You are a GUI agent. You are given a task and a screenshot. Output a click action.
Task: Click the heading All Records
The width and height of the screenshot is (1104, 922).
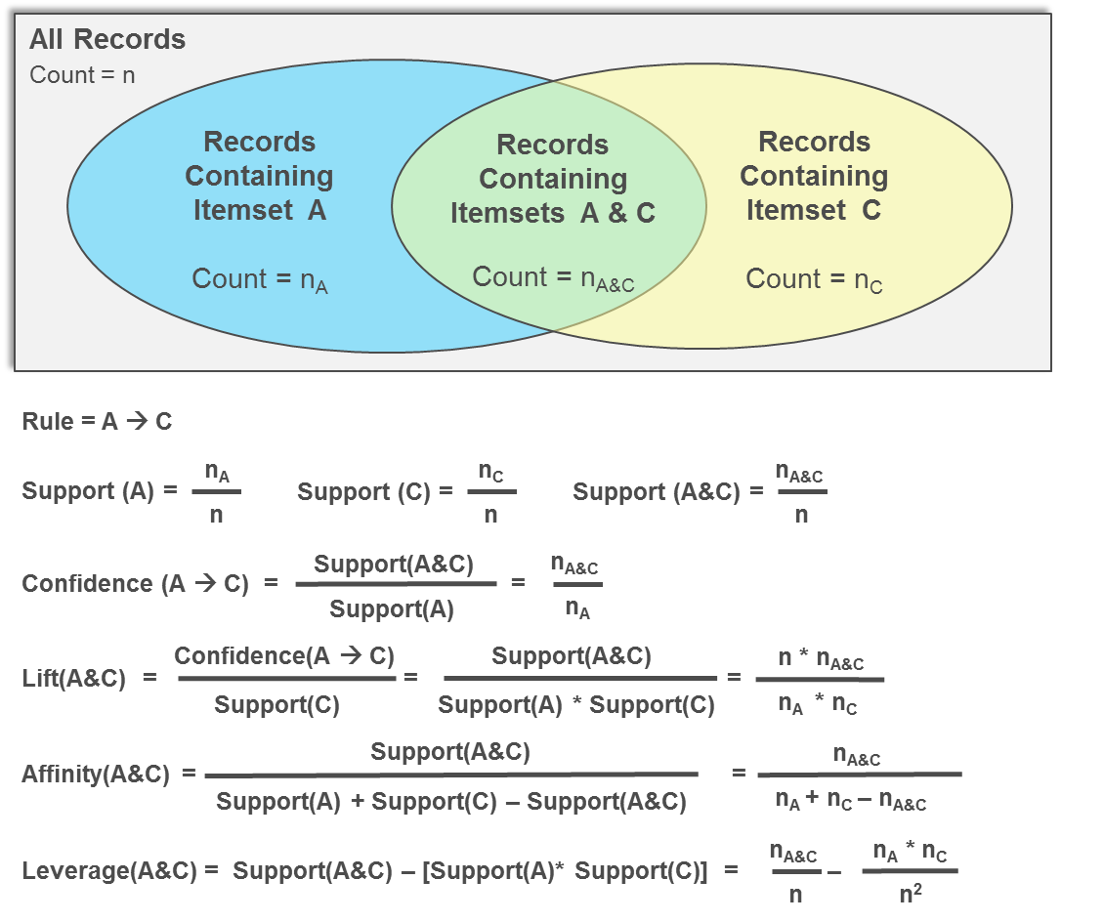[x=107, y=40]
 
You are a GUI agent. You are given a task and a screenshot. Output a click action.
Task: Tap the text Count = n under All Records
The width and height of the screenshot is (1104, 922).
[x=82, y=75]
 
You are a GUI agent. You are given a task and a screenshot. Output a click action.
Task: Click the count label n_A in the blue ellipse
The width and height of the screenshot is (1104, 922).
[x=259, y=279]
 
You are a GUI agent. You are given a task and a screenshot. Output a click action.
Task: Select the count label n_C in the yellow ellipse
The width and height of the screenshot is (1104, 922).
[x=814, y=279]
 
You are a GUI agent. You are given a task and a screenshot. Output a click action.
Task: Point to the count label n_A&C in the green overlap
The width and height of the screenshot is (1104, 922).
[x=553, y=278]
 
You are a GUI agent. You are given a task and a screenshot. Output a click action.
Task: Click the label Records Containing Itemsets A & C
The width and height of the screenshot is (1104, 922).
[x=553, y=179]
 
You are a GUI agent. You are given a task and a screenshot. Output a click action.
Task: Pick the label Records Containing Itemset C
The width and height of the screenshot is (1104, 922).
[x=814, y=176]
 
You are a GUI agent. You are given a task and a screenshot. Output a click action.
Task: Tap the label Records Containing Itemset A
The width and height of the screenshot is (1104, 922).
[x=259, y=176]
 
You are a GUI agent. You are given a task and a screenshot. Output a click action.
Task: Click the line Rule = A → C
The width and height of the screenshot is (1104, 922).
[x=97, y=422]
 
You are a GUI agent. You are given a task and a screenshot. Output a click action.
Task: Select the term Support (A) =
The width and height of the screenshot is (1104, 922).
[x=100, y=491]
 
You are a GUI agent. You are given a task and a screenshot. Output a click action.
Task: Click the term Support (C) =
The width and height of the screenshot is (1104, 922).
[x=375, y=491]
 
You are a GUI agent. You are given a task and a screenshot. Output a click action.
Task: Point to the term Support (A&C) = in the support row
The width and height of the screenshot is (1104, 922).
[x=668, y=491]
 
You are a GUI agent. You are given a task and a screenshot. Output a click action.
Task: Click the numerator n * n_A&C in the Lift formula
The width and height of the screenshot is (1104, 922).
[x=821, y=660]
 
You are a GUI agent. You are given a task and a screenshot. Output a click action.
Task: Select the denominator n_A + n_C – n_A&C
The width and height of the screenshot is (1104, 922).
[x=850, y=800]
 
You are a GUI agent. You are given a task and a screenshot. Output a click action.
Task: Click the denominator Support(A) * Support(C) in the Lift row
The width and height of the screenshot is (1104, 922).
[x=576, y=704]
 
